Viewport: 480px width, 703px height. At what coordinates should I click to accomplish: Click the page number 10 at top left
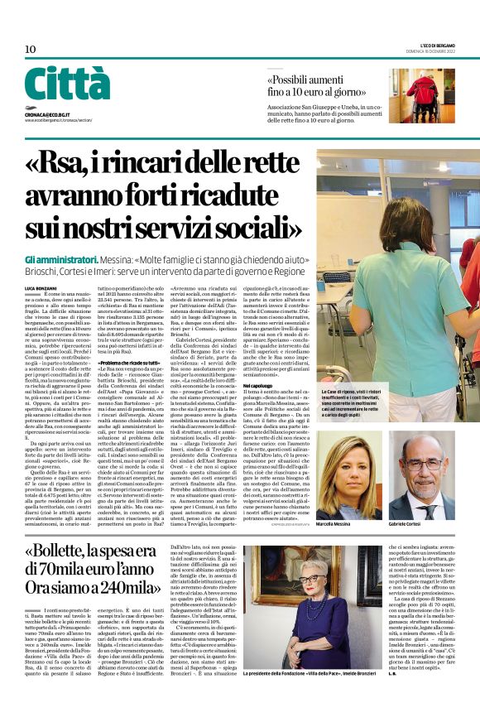click(x=30, y=50)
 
